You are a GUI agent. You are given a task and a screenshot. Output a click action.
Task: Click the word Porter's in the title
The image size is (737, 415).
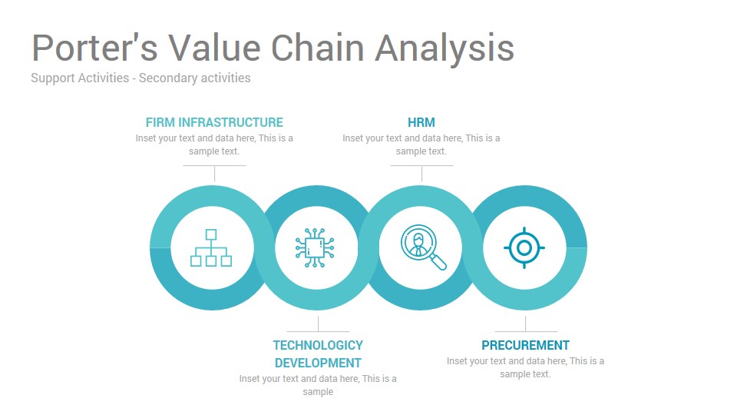point(94,48)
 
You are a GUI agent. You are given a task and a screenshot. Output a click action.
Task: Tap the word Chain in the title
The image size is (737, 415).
point(318,48)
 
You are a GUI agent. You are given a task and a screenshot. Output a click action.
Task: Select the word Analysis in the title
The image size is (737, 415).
point(445,49)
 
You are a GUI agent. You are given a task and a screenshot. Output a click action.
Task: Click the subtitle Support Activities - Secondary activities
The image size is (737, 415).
point(140,78)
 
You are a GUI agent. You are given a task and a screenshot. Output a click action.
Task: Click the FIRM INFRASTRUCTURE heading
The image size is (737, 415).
point(214,122)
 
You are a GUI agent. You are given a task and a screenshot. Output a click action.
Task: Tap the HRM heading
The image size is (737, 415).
point(421,122)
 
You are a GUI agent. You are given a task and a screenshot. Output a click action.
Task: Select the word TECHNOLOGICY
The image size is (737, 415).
point(318,345)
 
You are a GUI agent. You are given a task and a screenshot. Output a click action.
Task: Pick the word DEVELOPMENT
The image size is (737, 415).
point(318,364)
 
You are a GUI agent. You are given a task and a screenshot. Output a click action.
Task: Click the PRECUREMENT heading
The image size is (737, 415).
point(525,345)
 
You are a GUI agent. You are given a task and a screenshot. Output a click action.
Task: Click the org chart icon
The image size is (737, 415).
point(211,248)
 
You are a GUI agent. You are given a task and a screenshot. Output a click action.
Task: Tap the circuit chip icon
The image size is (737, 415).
point(315,248)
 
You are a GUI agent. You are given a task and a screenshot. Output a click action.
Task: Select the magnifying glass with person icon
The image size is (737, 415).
point(424,247)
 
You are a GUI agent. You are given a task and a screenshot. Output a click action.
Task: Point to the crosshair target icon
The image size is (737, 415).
point(524,248)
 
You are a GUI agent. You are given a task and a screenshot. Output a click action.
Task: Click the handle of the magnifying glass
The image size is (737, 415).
point(438,262)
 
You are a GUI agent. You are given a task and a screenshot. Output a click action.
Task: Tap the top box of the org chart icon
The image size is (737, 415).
point(211,234)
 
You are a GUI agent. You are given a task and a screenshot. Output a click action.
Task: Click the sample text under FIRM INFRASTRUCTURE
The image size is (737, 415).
point(214,144)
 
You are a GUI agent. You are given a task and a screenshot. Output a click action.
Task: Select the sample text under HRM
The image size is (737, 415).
point(421,144)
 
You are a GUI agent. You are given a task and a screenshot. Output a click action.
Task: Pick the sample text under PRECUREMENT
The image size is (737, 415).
point(525,367)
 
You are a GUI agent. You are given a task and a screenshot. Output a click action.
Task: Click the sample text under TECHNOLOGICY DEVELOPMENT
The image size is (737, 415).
point(318,385)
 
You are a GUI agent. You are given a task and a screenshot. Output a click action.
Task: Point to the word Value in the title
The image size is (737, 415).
point(214,48)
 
